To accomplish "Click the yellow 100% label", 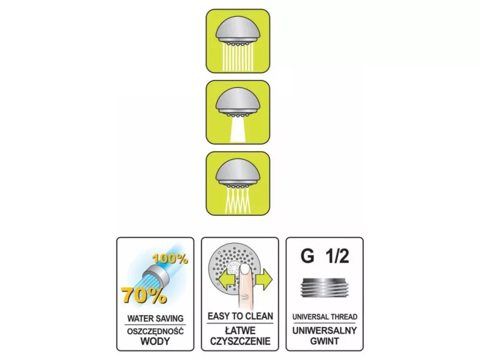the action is tap(170, 259).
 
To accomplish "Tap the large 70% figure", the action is tap(144, 294).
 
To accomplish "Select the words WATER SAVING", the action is tap(155, 319).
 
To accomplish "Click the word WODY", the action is tap(155, 341).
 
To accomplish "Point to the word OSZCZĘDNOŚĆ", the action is tap(155, 331).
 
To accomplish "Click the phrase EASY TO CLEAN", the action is tap(241, 316).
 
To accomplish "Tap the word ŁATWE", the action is tap(240, 331).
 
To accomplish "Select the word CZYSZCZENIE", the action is tap(240, 341).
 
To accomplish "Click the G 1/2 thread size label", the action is tap(325, 256).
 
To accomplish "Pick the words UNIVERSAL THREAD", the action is tap(325, 317).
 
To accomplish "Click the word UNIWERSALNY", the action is tap(325, 331).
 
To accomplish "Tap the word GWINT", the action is tap(325, 341).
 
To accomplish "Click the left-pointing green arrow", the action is tap(226, 279).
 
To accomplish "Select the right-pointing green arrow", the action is tap(264, 279).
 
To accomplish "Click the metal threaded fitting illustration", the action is tap(325, 288).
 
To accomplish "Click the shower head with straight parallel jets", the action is tap(238, 41).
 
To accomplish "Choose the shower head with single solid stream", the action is tap(238, 112).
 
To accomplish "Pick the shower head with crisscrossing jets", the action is tap(238, 184).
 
